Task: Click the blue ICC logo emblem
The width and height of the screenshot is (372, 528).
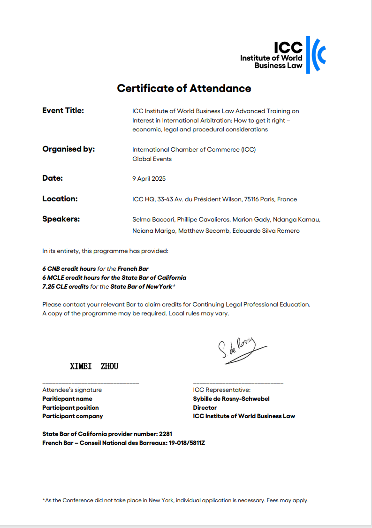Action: pos(316,55)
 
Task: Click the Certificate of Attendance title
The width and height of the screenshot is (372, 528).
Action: pos(184,88)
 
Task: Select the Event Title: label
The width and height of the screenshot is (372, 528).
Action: pos(63,111)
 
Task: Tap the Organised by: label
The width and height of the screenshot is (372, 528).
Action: pos(68,149)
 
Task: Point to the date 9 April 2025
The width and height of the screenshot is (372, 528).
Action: pos(149,179)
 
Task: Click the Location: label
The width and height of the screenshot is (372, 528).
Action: pos(60,199)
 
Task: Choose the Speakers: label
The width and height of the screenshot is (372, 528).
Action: pos(61,219)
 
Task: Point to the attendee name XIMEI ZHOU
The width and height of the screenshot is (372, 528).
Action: pos(94,366)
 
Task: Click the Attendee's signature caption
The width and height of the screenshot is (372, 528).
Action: pos(72,390)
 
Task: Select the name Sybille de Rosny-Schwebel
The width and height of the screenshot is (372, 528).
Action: pos(231,399)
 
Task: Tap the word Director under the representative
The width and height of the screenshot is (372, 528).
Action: pos(205,408)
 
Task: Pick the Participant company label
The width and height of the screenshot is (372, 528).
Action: pos(73,416)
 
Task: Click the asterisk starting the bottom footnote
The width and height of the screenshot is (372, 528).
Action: pos(44,500)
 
